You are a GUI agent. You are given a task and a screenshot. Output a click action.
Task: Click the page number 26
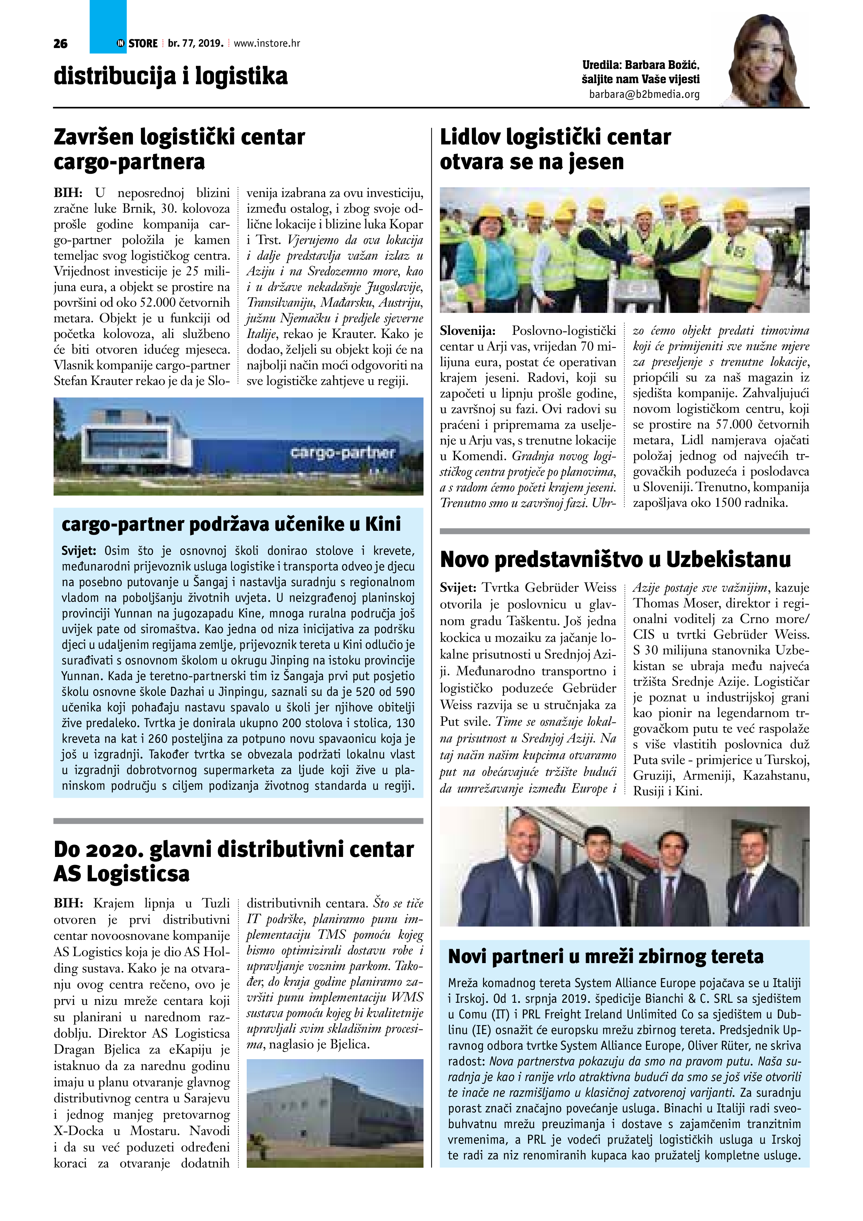(x=61, y=44)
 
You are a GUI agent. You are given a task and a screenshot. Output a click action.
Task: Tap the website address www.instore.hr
(x=267, y=44)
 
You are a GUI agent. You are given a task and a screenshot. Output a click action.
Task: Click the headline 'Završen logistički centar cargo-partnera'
(x=179, y=149)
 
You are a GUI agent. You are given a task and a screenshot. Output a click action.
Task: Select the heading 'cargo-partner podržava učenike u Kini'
(x=231, y=524)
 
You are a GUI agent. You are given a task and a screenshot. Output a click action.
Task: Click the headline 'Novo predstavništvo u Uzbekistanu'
(x=615, y=559)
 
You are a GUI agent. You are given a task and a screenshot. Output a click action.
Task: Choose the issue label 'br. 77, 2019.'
(x=195, y=44)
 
